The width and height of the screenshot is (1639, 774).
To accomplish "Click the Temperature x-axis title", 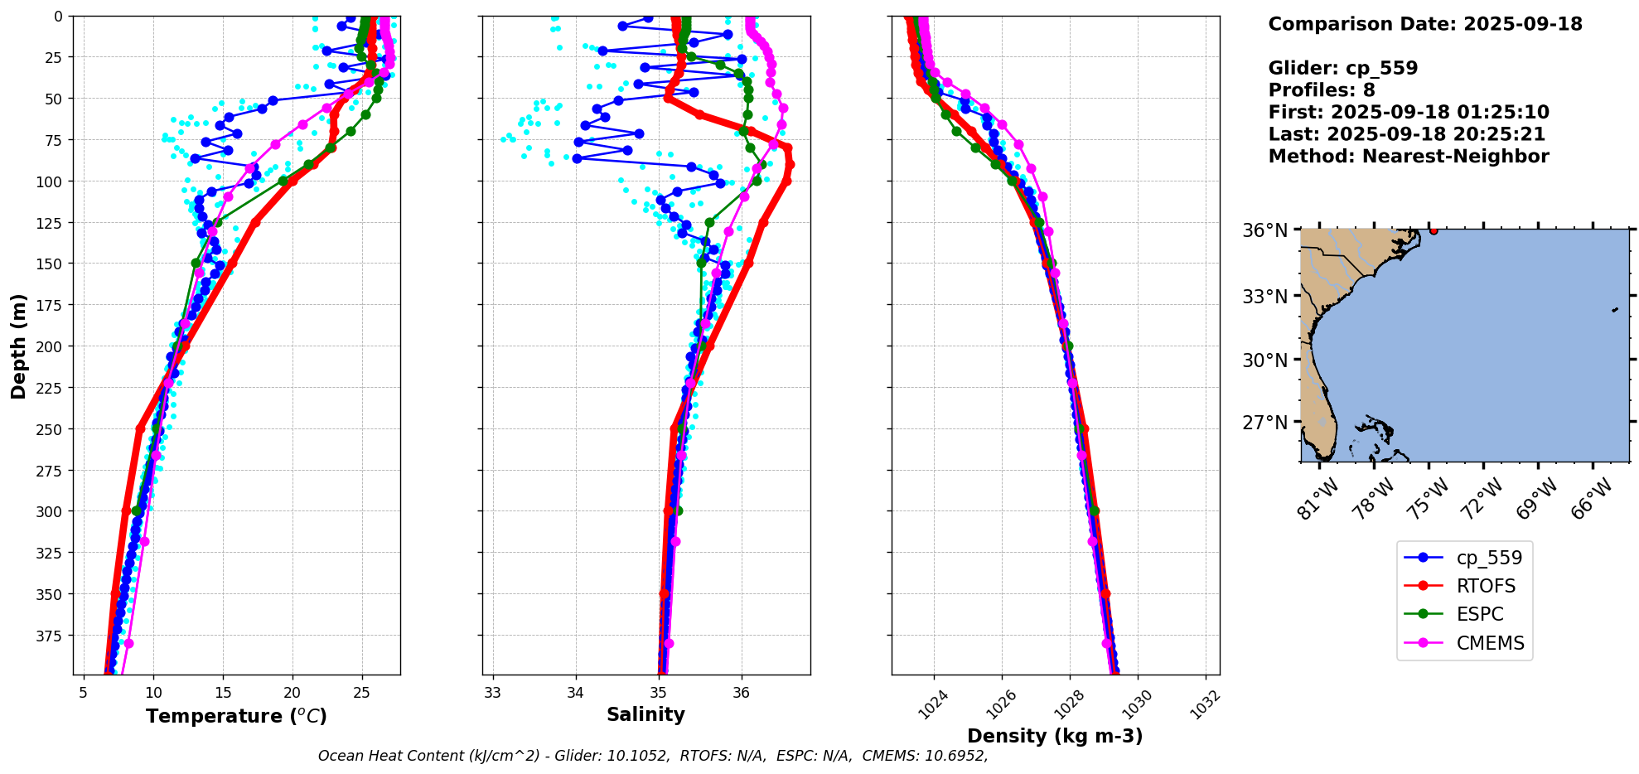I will pos(236,716).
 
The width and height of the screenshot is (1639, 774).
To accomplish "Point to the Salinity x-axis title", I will pos(645,714).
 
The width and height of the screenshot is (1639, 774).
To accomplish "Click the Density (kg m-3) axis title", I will pos(1055,736).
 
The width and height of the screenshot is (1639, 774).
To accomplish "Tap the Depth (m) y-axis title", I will pos(19,346).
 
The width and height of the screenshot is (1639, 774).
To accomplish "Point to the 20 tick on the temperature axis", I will pos(292,692).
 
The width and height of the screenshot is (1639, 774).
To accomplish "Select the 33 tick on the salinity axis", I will pos(493,692).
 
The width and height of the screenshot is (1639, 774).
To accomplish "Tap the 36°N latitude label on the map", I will pos(1264,230).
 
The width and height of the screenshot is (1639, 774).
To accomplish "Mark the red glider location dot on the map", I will pos(1434,230).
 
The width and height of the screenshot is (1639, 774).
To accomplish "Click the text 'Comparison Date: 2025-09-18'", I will pos(1425,24).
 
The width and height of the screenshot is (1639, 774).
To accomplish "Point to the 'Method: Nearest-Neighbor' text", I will pos(1408,157).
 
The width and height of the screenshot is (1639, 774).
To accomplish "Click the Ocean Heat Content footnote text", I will pos(653,756).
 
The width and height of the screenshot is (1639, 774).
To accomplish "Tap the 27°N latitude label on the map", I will pos(1264,423).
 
